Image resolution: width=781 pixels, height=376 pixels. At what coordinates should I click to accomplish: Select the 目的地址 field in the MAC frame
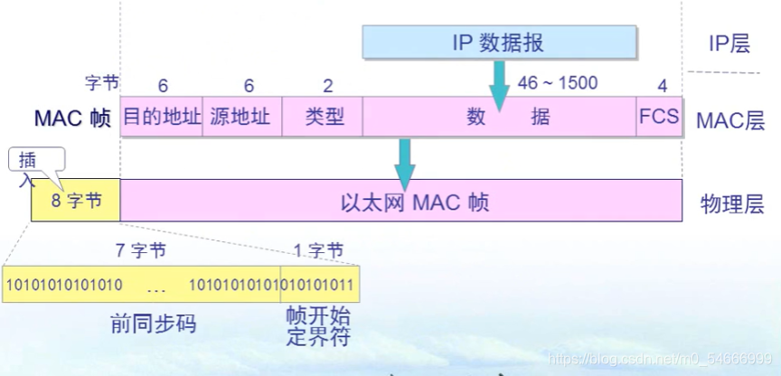162,117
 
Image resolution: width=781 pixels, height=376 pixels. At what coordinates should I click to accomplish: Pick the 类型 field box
323,117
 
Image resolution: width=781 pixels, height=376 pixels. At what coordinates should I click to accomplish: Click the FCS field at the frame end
658,117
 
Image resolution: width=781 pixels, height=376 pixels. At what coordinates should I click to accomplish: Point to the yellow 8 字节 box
76,200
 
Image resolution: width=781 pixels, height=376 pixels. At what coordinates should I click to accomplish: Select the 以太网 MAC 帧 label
415,201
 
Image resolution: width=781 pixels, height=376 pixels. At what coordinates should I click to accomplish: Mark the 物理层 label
728,202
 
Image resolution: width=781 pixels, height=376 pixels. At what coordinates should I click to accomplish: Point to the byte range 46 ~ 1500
557,83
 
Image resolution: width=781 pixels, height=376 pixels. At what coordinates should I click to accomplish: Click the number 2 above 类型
327,86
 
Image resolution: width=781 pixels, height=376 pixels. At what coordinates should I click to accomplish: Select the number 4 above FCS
662,86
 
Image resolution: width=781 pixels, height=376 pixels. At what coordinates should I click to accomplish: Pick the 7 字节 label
141,248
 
